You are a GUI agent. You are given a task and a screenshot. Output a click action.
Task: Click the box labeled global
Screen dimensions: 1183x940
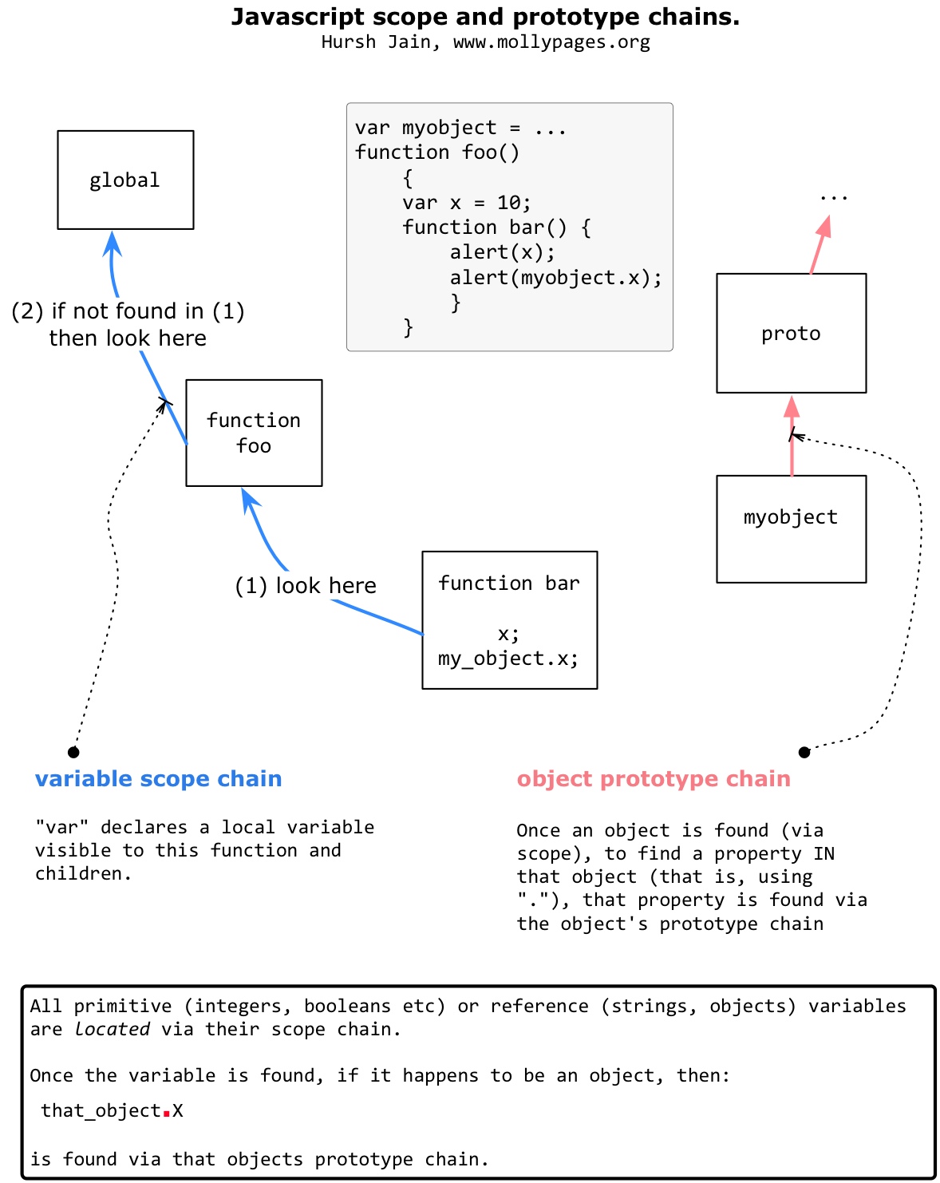pyautogui.click(x=125, y=180)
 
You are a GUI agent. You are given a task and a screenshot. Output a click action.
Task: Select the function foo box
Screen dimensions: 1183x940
pyautogui.click(x=254, y=433)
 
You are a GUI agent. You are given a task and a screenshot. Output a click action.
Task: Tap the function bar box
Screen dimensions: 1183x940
pyautogui.click(x=509, y=619)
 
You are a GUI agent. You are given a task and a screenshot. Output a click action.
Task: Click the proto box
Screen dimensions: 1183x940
pyautogui.click(x=791, y=334)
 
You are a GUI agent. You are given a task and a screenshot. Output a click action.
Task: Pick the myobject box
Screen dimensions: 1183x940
pyautogui.click(x=791, y=528)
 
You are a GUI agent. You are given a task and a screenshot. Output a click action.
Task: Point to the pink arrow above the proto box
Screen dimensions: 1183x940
pyautogui.click(x=819, y=246)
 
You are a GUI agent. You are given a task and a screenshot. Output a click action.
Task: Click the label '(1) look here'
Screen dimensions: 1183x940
pyautogui.click(x=305, y=586)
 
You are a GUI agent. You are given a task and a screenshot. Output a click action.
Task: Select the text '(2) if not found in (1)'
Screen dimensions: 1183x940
pyautogui.click(x=128, y=311)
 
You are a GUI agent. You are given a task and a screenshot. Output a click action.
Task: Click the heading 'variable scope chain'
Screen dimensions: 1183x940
pyautogui.click(x=158, y=779)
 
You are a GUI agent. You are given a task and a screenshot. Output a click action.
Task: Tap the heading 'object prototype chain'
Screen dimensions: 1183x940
pyautogui.click(x=654, y=779)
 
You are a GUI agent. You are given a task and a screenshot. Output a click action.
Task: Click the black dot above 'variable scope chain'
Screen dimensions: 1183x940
pyautogui.click(x=73, y=752)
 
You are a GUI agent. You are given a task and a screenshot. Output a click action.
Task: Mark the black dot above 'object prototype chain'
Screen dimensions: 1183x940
pyautogui.click(x=804, y=752)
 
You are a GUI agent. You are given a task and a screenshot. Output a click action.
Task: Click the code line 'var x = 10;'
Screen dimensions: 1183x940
pyautogui.click(x=466, y=203)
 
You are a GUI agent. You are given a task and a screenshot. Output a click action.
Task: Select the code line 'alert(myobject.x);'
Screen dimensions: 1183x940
pyautogui.click(x=555, y=278)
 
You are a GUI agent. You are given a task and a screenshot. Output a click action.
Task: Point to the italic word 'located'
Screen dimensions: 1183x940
pyautogui.click(x=112, y=1030)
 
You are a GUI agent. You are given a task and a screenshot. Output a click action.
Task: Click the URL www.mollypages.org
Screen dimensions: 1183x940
pyautogui.click(x=551, y=42)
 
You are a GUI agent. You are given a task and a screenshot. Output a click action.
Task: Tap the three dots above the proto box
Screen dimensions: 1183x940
pyautogui.click(x=833, y=197)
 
